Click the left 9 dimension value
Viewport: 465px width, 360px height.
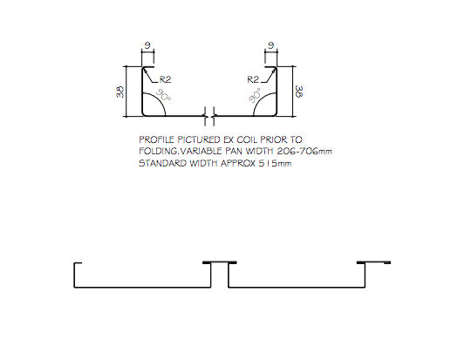tap(147, 45)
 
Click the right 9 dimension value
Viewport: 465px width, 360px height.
tap(271, 45)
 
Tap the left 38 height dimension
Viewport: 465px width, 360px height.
tap(120, 92)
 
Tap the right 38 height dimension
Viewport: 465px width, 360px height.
tap(299, 92)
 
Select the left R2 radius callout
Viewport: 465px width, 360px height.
tap(165, 79)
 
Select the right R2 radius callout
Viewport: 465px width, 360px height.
tap(253, 79)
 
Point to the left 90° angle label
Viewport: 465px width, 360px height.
tap(163, 94)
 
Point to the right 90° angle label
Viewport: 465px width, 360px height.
tap(255, 95)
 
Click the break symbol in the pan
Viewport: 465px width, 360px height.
tap(209, 116)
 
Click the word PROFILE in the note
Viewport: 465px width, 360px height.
tap(156, 139)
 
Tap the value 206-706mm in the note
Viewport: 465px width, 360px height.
tap(304, 151)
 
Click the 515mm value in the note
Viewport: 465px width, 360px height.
tap(275, 163)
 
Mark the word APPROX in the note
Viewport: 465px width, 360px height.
tap(238, 163)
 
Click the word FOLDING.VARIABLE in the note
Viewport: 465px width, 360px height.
tap(181, 151)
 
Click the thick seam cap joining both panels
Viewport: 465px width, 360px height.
tap(220, 262)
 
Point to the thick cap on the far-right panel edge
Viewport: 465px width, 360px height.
tap(373, 262)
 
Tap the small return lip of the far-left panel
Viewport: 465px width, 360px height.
tap(78, 262)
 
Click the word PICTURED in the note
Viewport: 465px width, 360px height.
tap(197, 139)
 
